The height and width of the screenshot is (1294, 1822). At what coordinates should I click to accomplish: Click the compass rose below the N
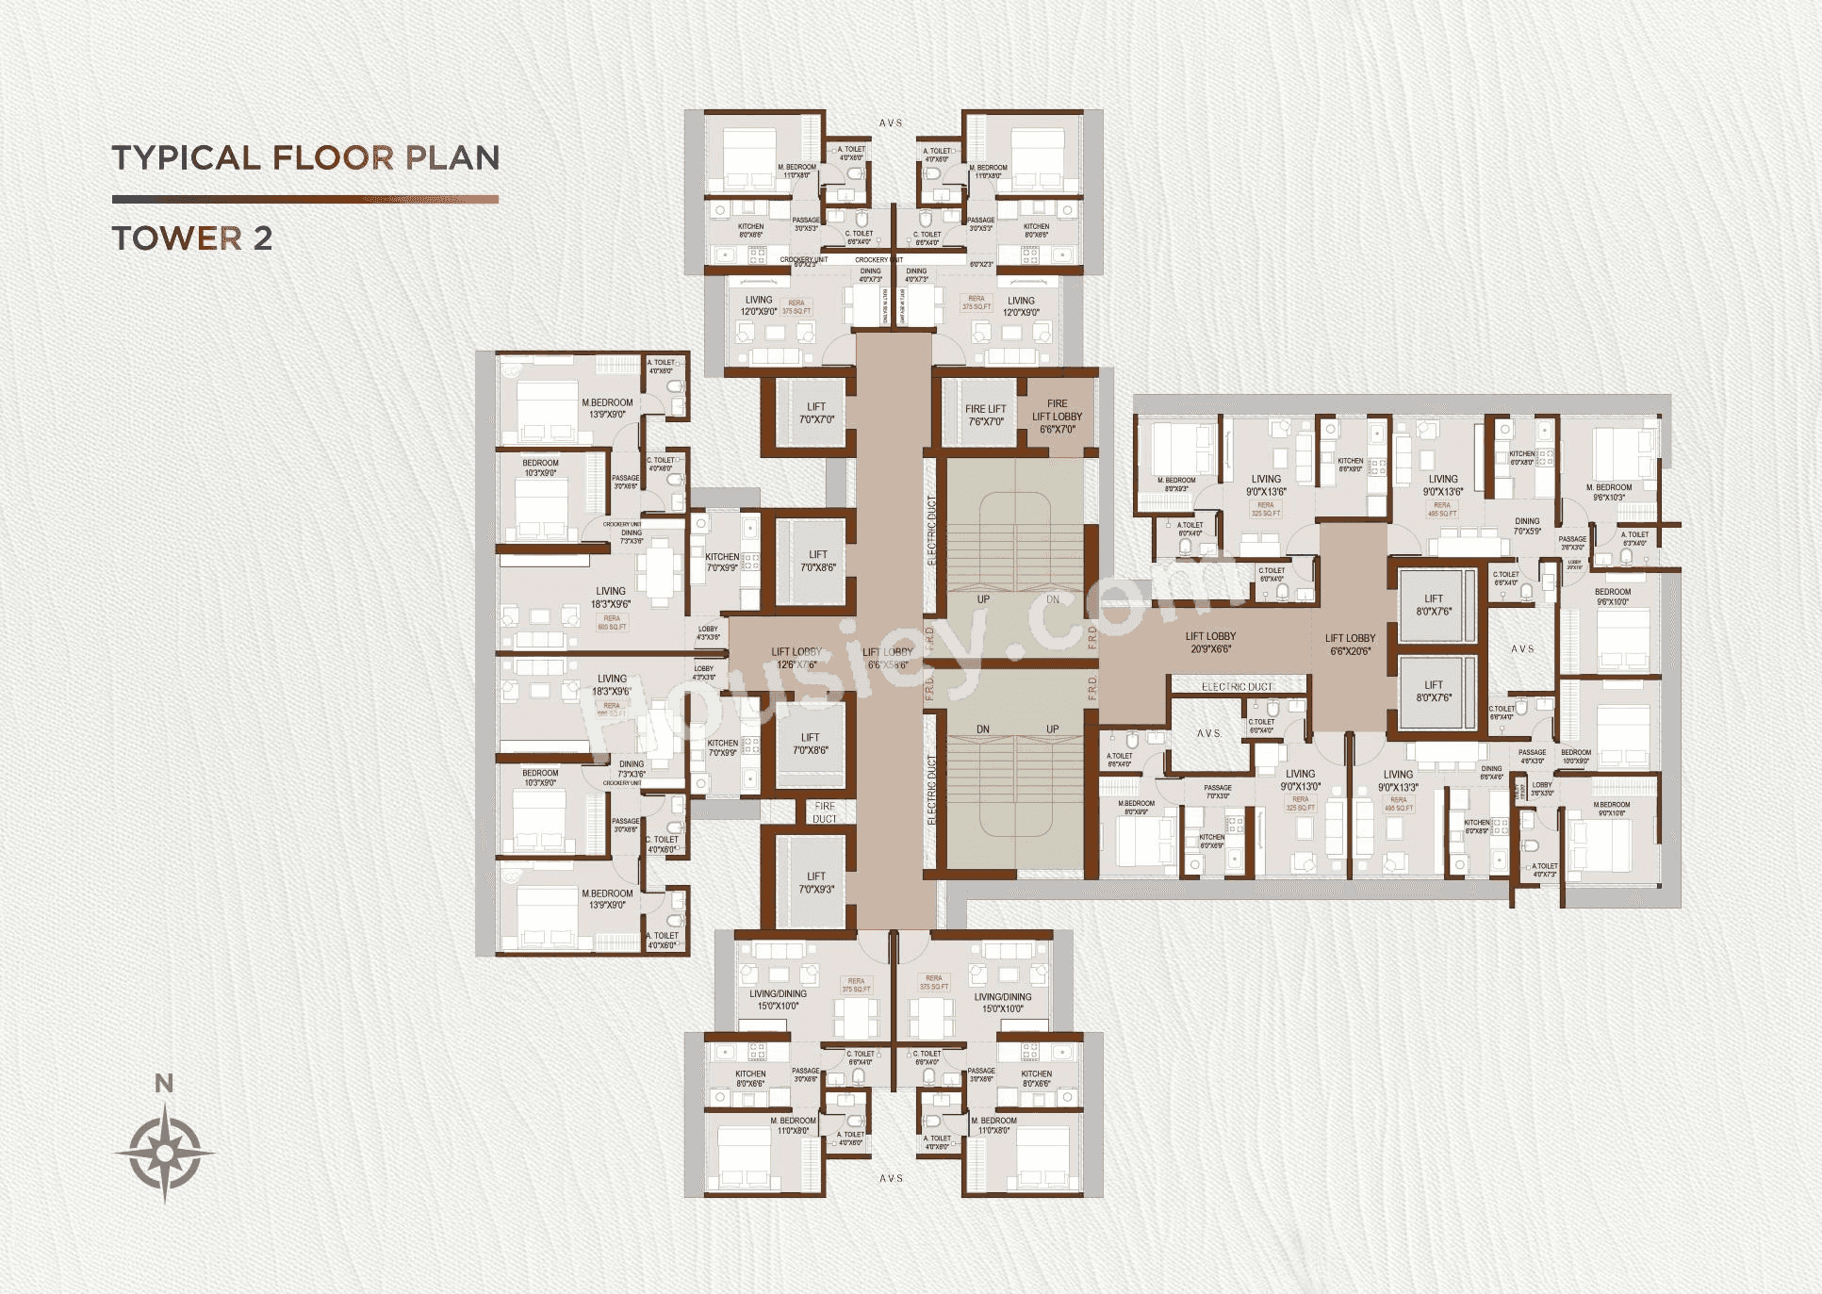(165, 1153)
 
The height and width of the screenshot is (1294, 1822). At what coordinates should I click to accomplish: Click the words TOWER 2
(192, 238)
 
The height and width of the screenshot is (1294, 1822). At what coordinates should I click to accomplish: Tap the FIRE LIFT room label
(985, 415)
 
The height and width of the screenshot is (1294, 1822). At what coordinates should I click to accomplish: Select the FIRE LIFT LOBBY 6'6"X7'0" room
(1057, 417)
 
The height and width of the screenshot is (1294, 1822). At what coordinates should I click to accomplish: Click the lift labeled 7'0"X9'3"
(815, 882)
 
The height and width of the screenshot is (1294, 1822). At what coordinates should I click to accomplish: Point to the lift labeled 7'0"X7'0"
(816, 413)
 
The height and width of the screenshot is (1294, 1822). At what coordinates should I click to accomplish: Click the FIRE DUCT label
(825, 812)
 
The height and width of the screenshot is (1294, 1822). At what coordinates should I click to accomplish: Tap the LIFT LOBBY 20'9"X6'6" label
(1210, 642)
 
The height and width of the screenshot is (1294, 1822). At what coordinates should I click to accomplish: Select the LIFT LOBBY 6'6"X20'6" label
(1350, 644)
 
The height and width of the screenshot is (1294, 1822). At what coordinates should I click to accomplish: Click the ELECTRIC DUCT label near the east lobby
(1237, 687)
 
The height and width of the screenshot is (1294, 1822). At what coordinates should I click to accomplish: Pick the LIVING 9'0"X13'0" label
(1300, 779)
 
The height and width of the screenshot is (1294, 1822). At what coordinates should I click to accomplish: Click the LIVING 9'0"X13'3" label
(1398, 780)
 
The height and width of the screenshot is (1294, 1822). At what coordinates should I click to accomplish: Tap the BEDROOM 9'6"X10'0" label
(1613, 597)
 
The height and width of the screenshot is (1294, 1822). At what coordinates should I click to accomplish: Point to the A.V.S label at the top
(891, 123)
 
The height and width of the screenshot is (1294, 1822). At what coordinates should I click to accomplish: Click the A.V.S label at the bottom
(891, 1178)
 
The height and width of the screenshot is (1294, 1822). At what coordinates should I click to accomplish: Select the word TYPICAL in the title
(186, 157)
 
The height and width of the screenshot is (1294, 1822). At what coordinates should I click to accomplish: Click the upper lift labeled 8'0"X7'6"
(1433, 604)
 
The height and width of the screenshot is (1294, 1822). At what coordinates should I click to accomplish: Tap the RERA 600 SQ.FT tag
(612, 622)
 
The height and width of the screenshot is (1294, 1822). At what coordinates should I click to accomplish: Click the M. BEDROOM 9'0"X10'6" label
(1611, 809)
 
